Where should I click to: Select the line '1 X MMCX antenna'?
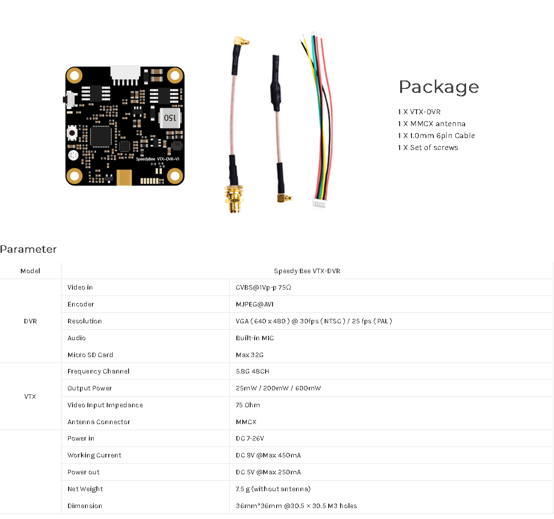click(432, 124)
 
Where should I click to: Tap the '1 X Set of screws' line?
click(428, 148)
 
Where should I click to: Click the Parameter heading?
click(28, 249)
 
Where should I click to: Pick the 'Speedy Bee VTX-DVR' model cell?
click(307, 271)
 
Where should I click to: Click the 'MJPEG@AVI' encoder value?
click(254, 304)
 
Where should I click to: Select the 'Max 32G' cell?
click(249, 355)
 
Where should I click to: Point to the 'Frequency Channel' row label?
click(98, 371)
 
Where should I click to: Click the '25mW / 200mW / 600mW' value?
click(278, 388)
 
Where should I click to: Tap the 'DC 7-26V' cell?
click(250, 439)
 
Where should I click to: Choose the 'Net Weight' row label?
click(85, 489)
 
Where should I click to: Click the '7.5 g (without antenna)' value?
click(273, 489)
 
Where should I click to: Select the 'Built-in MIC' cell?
click(255, 338)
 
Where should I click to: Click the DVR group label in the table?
click(30, 321)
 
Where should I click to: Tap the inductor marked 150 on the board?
click(170, 118)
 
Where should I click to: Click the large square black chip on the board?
click(101, 137)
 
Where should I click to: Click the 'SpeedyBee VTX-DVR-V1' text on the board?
click(157, 159)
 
